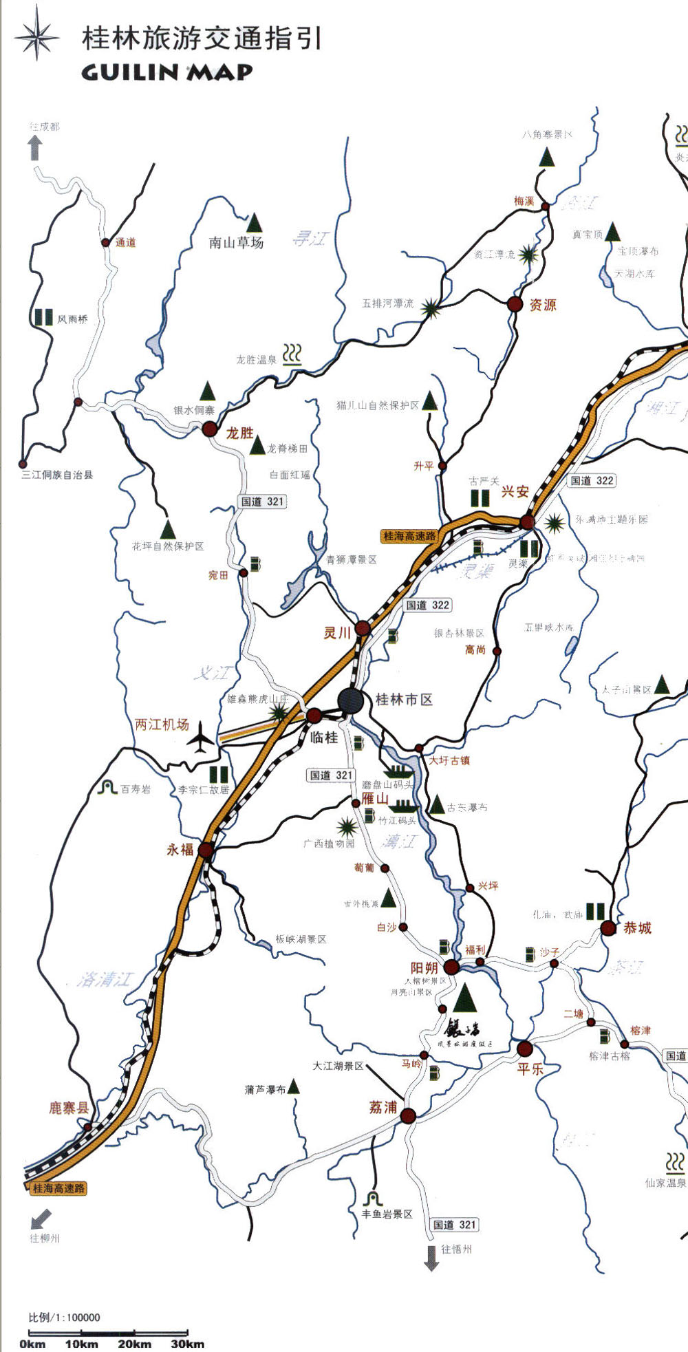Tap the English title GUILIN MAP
(x=166, y=72)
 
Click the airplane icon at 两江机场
(x=200, y=737)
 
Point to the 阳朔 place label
(x=424, y=968)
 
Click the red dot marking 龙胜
(x=210, y=429)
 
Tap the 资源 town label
(x=543, y=305)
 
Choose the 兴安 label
(x=515, y=491)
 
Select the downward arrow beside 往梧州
(x=431, y=1258)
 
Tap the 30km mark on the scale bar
(x=187, y=1344)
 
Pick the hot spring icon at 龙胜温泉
(x=292, y=354)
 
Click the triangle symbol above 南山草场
(x=255, y=222)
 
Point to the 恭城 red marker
(x=608, y=928)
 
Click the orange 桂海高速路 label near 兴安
(x=410, y=536)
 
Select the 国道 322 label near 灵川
(x=427, y=605)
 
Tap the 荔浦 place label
(x=383, y=1107)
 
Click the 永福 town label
(x=180, y=850)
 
